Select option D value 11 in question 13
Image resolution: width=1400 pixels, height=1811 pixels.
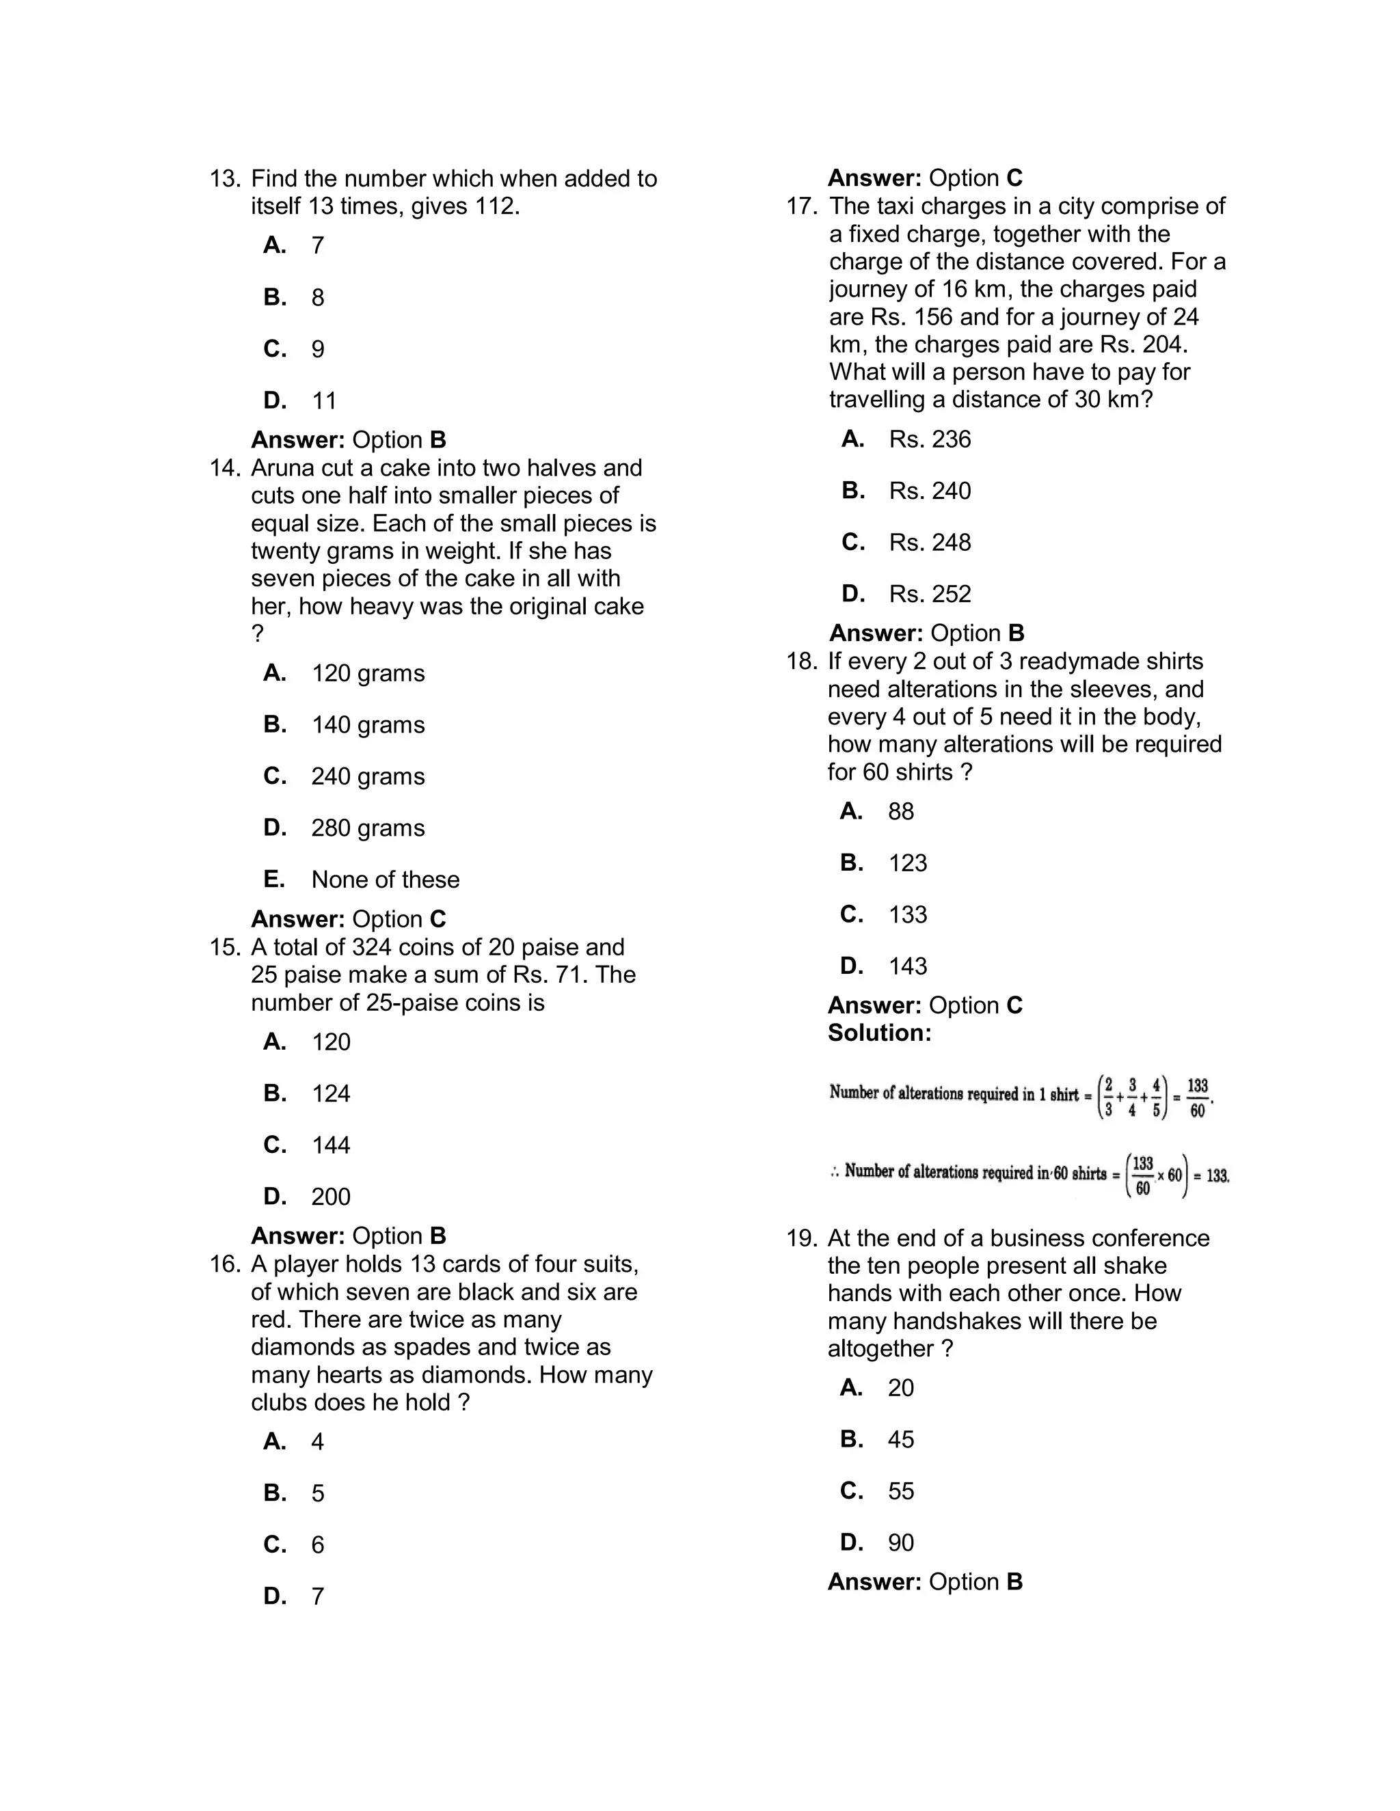324,401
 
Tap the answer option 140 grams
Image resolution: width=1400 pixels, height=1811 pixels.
367,724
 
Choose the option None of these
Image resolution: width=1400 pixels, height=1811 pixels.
385,880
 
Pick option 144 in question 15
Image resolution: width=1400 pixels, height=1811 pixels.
331,1145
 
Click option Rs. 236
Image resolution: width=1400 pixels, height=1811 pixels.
930,439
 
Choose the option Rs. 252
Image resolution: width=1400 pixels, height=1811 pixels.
930,595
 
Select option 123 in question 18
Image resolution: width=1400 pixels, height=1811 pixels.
907,863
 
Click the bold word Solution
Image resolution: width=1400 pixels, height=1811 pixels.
879,1033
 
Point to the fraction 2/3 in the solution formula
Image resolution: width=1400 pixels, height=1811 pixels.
1108,1097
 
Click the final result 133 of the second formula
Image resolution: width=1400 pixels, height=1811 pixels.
1217,1176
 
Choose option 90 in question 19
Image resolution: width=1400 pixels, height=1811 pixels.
901,1543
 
